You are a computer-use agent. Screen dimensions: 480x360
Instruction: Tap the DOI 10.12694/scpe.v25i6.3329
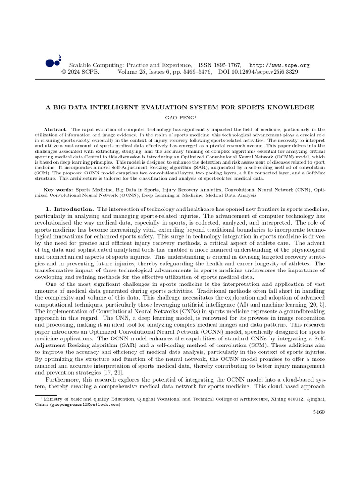point(258,72)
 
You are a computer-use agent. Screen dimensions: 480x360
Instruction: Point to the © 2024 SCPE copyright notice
point(80,72)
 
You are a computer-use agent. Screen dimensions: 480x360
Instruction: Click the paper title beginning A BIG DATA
point(180,107)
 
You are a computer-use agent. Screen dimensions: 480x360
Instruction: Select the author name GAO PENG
point(180,118)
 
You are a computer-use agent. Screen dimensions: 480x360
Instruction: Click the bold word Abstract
point(55,129)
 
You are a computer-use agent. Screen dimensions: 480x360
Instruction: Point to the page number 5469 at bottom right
point(318,412)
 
